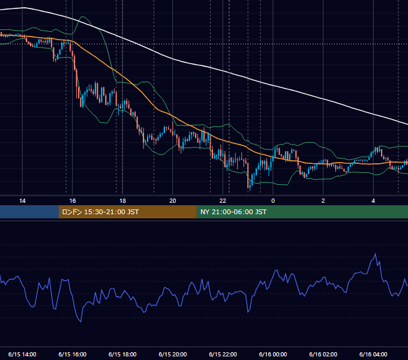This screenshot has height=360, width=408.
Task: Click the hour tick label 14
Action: click(22, 201)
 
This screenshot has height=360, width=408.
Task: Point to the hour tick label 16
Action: click(73, 201)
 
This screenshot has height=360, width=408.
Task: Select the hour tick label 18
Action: click(122, 201)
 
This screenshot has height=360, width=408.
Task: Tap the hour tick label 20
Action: click(173, 201)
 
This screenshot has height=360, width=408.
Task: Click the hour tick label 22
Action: click(223, 201)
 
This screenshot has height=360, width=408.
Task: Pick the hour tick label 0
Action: click(273, 201)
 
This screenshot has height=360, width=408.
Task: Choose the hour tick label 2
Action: click(323, 201)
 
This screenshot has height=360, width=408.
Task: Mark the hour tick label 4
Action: click(373, 201)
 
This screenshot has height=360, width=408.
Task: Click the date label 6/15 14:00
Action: click(22, 355)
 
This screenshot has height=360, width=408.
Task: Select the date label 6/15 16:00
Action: click(73, 355)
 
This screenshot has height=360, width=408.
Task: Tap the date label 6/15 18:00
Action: click(122, 355)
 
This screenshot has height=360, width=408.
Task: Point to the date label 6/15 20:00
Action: click(173, 355)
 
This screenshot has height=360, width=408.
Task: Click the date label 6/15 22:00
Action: click(223, 355)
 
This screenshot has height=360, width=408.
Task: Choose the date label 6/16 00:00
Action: click(273, 355)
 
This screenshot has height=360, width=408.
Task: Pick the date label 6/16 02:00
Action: click(323, 355)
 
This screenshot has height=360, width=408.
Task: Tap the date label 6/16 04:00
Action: click(373, 355)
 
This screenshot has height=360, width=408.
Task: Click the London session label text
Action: click(100, 212)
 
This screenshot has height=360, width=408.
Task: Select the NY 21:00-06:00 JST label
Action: click(233, 212)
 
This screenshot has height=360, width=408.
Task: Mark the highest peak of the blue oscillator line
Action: click(375, 253)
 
